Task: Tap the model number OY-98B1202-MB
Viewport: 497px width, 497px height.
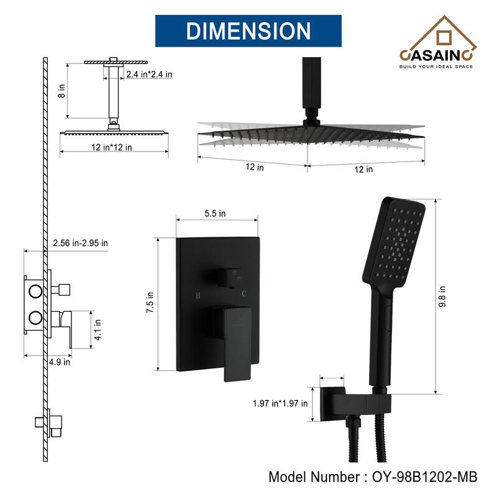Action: click(x=373, y=477)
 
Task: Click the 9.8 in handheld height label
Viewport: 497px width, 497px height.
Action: click(x=442, y=296)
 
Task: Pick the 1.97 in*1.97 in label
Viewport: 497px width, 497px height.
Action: click(x=280, y=403)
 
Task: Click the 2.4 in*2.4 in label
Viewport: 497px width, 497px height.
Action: click(x=148, y=75)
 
